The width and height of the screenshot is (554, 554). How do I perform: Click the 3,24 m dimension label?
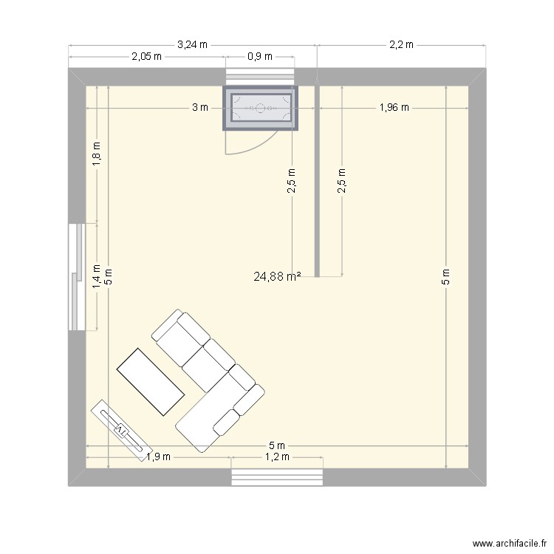[192, 45]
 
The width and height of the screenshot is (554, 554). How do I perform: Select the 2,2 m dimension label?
[401, 45]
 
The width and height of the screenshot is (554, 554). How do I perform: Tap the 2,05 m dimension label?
[147, 57]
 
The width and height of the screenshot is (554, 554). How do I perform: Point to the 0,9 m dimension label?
[260, 57]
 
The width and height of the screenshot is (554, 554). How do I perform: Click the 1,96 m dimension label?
[394, 107]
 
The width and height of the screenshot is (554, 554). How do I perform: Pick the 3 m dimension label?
[200, 107]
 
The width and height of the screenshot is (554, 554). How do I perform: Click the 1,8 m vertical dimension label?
[97, 154]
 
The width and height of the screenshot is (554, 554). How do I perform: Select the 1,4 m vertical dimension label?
[97, 276]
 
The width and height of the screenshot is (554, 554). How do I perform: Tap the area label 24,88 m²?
[277, 276]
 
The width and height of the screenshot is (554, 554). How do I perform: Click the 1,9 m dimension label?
[158, 456]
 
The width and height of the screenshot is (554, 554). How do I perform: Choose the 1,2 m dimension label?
[277, 456]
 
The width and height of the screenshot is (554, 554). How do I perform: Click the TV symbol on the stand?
[122, 431]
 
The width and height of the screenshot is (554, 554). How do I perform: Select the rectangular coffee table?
[151, 382]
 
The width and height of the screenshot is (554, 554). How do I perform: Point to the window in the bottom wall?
[277, 477]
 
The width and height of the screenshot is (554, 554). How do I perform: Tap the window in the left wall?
[77, 277]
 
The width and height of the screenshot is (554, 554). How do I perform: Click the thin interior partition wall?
[317, 181]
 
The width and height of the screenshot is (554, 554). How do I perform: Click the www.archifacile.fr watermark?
[509, 543]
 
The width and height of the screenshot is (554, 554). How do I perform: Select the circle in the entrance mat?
[261, 108]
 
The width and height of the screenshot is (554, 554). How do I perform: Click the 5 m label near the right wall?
[446, 276]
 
